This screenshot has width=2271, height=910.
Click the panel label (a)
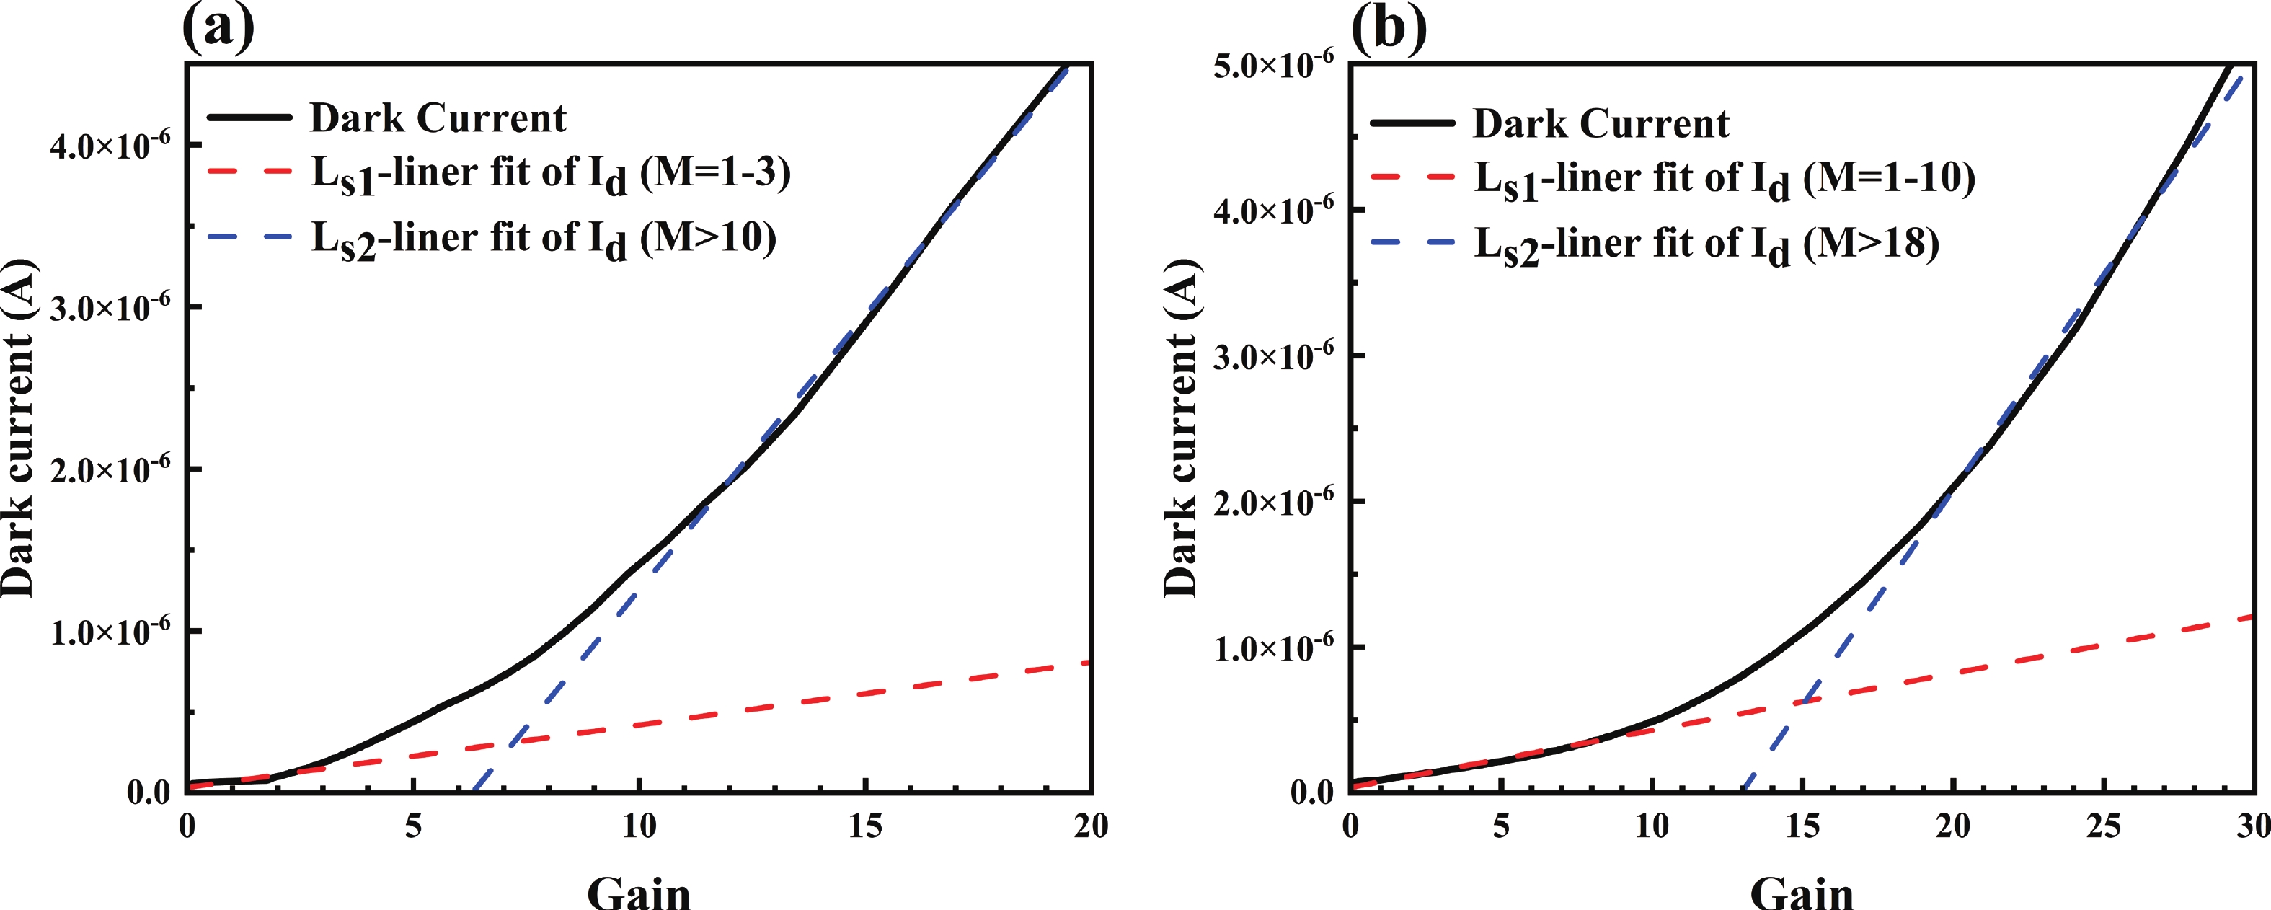(x=218, y=28)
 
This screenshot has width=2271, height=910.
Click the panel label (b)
(x=1389, y=28)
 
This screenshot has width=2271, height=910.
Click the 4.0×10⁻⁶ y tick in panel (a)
(x=110, y=145)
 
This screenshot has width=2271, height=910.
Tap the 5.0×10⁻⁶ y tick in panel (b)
(x=1274, y=63)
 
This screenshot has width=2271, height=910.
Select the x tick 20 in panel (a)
(x=1092, y=826)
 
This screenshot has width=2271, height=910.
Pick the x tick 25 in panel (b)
(x=2104, y=826)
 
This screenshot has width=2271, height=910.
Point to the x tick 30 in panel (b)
(x=2252, y=826)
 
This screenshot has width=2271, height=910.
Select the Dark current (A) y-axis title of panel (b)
(x=1182, y=428)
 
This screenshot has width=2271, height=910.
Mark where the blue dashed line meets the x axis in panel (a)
(x=474, y=791)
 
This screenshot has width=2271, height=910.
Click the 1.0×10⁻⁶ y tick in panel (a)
(x=110, y=632)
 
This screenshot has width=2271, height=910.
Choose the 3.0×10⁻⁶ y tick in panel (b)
(x=1274, y=355)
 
